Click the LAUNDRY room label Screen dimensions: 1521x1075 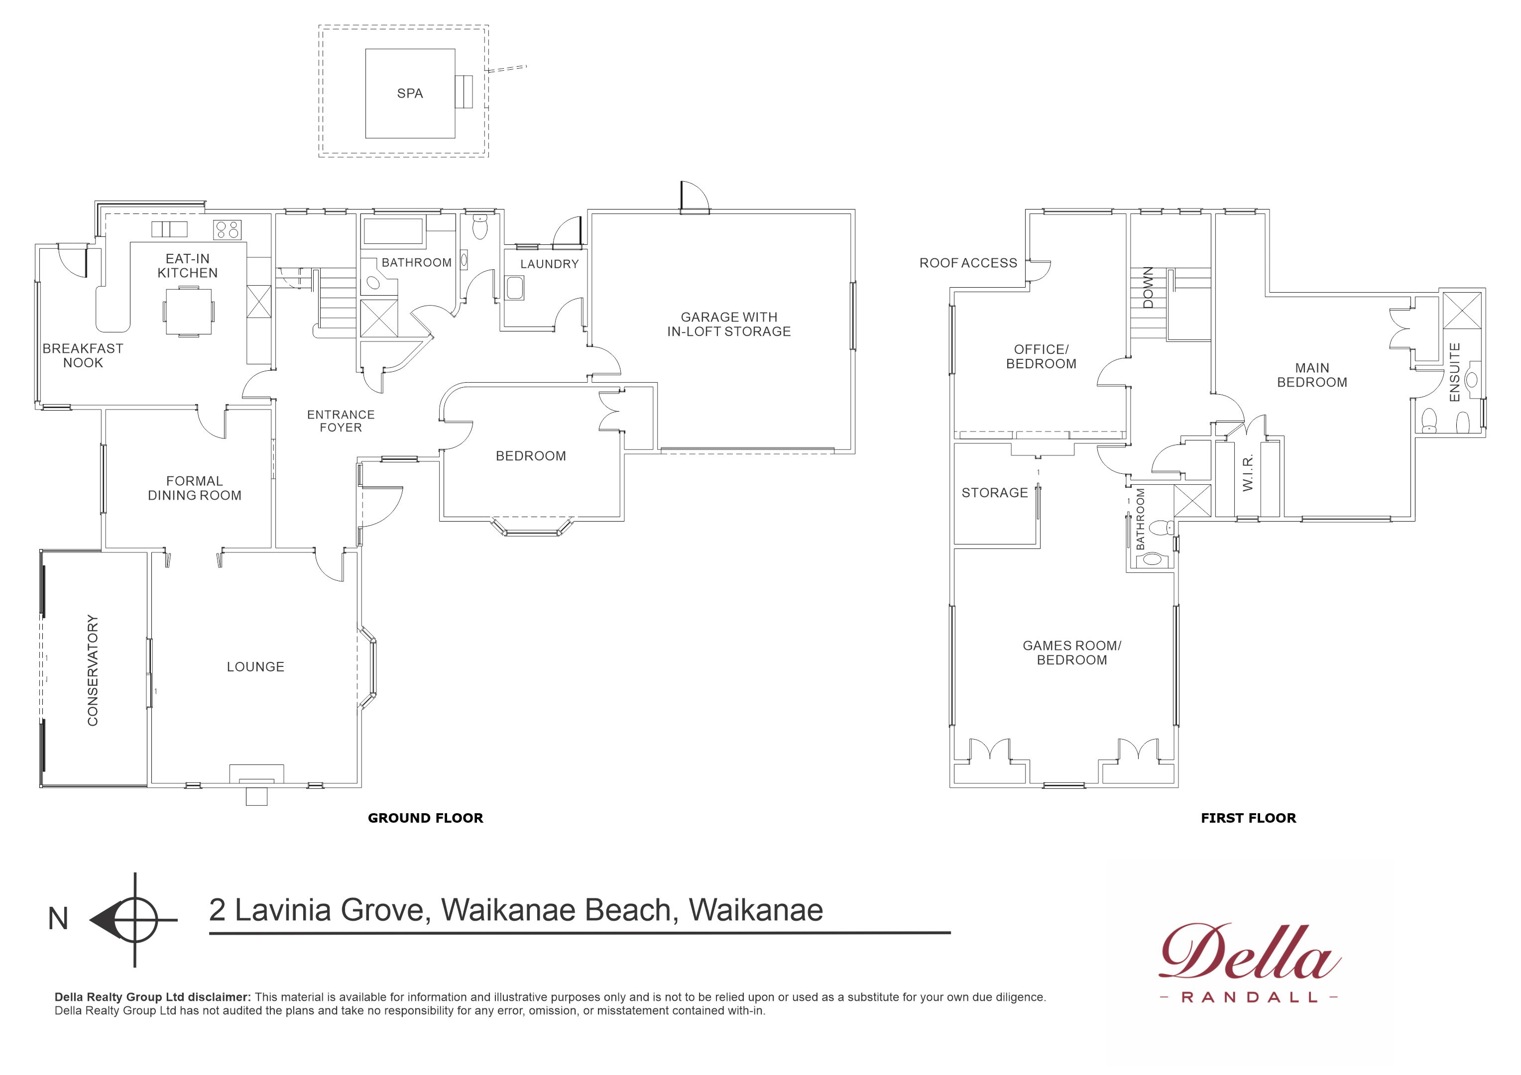(x=549, y=264)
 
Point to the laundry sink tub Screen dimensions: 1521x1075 (x=515, y=289)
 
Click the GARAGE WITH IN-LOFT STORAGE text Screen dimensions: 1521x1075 (x=729, y=324)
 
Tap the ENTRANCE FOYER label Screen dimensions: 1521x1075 (x=341, y=421)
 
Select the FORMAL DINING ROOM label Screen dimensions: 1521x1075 (x=194, y=488)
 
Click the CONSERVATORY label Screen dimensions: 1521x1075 (x=93, y=670)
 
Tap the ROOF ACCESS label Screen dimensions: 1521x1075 (x=968, y=263)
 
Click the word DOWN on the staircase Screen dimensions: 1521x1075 (x=1148, y=288)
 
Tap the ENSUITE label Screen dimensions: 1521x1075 (x=1455, y=372)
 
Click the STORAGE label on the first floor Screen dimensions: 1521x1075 (x=994, y=493)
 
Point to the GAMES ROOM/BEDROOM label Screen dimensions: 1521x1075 (x=1072, y=652)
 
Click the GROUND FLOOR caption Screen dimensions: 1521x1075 (x=425, y=818)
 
